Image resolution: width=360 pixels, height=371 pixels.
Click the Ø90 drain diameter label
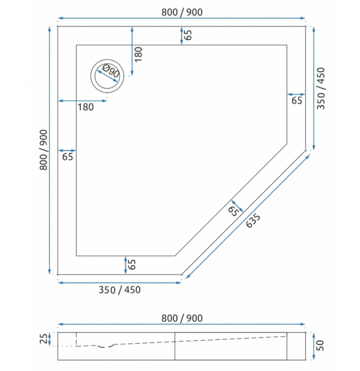click(x=111, y=72)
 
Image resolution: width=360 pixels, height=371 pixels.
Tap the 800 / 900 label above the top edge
click(x=182, y=12)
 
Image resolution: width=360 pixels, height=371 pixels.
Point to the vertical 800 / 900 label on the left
click(x=44, y=150)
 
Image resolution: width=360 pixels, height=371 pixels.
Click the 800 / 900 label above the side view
click(x=182, y=318)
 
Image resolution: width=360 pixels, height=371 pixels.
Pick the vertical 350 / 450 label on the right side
click(x=321, y=88)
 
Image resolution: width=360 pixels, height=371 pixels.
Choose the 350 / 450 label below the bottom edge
click(x=120, y=289)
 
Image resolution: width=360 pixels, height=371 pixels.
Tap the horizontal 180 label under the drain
click(x=85, y=107)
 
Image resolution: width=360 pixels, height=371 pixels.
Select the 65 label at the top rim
click(x=188, y=36)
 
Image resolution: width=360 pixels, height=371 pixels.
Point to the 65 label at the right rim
click(x=296, y=100)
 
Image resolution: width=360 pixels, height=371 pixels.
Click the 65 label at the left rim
click(x=68, y=156)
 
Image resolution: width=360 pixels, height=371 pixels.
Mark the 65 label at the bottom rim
click(x=132, y=264)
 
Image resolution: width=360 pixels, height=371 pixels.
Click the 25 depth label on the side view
click(x=43, y=338)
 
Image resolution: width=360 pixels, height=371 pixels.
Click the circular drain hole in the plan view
click(x=108, y=75)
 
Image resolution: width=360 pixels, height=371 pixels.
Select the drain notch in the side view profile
click(x=106, y=346)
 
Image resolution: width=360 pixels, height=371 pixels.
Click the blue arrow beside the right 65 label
click(x=296, y=94)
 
